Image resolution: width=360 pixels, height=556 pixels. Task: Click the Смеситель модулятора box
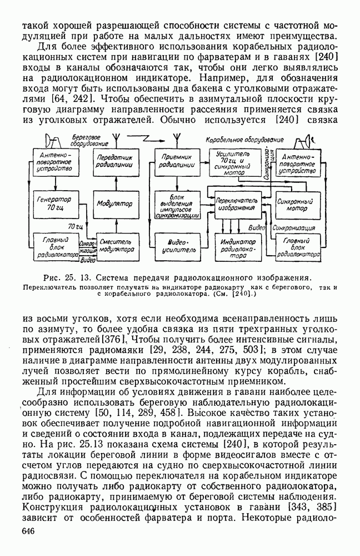tap(116, 245)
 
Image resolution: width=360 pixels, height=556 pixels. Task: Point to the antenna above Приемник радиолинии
tap(173, 136)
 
